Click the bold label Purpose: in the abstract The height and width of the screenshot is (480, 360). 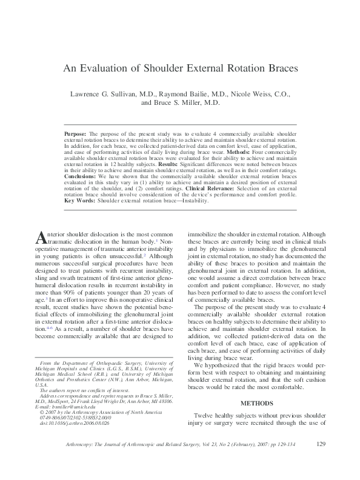76,132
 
